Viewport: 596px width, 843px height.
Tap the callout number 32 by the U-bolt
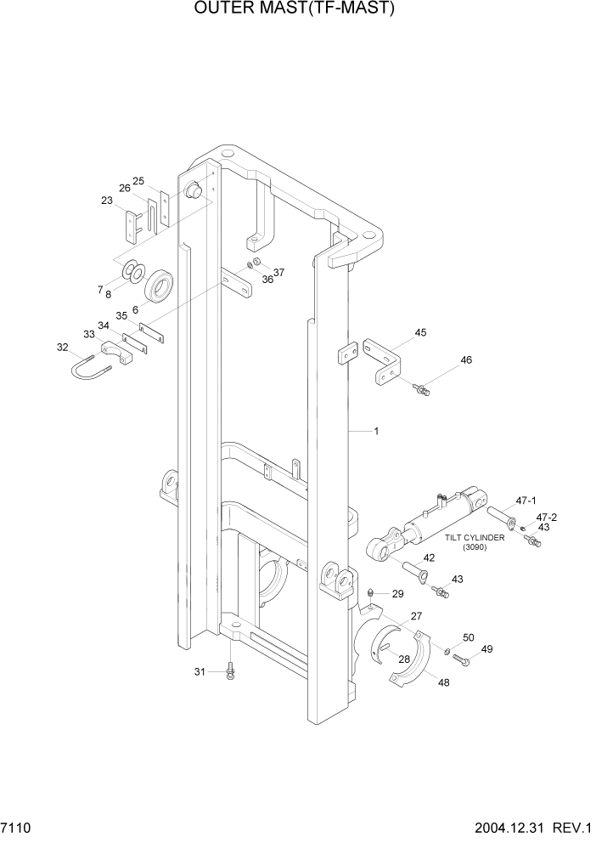62,347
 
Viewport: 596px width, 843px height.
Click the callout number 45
419,332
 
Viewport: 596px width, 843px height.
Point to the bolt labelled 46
421,389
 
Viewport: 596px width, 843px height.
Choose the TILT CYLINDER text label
475,538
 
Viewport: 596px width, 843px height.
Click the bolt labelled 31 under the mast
230,672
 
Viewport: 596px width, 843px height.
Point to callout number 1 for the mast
376,431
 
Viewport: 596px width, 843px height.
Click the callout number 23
106,201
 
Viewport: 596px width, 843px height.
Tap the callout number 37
278,272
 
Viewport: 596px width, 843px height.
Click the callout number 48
443,682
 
